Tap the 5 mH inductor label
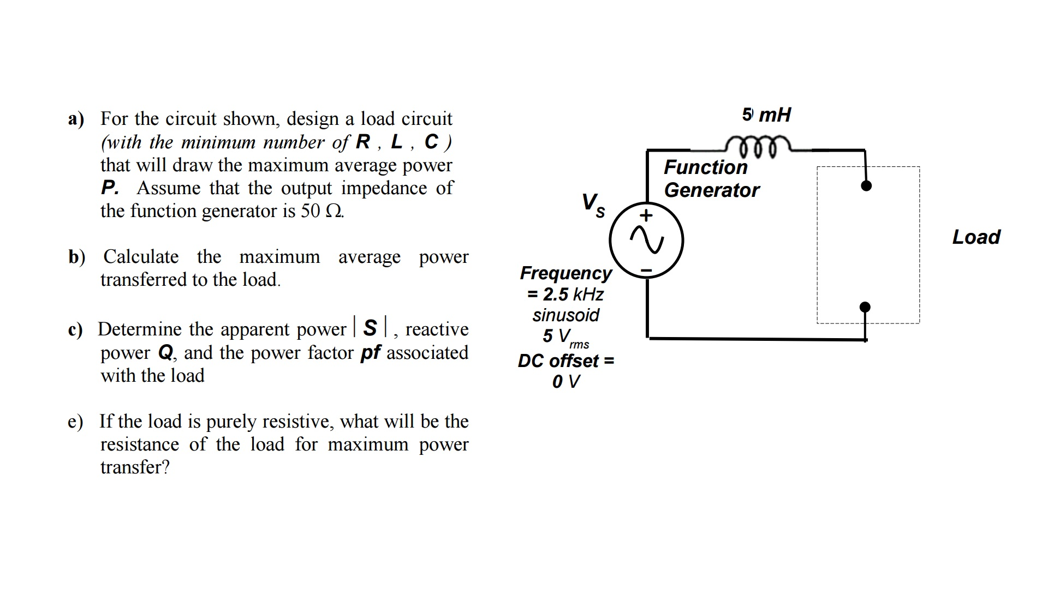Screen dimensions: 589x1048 (x=766, y=115)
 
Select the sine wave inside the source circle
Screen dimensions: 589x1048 (x=646, y=241)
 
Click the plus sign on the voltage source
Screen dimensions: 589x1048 (x=646, y=215)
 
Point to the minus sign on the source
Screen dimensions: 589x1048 (x=646, y=269)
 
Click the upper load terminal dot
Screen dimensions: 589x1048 (x=866, y=186)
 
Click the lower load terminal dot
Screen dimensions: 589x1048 (x=865, y=308)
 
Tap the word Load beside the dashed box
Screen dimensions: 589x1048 (x=976, y=237)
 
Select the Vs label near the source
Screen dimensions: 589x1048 (x=593, y=205)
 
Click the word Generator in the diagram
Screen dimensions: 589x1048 (x=711, y=190)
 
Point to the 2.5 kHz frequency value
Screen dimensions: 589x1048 (x=572, y=294)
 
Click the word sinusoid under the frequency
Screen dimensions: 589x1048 (x=565, y=315)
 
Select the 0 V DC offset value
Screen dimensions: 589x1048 (x=565, y=382)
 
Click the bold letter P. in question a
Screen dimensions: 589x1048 (x=110, y=188)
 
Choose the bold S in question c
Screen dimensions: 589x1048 (x=370, y=328)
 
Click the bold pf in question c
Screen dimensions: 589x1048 (x=371, y=353)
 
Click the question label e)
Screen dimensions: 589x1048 (x=75, y=422)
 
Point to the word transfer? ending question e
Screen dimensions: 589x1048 (x=135, y=467)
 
